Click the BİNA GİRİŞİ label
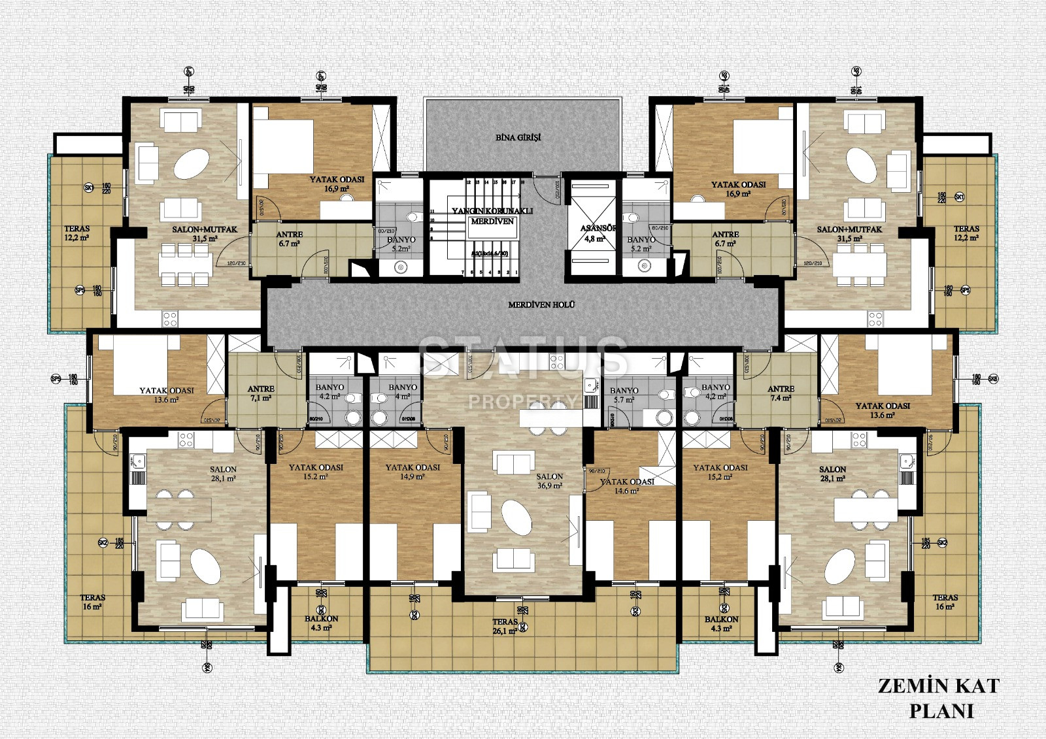(x=518, y=138)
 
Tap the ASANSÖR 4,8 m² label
(x=598, y=234)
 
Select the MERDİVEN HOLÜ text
(x=541, y=305)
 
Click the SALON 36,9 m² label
(x=549, y=481)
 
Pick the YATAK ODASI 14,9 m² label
(x=413, y=472)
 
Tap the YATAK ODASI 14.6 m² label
(x=626, y=486)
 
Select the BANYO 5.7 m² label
(x=624, y=395)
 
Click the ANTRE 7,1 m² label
(x=261, y=393)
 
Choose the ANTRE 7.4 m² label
(x=781, y=393)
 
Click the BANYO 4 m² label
(x=403, y=391)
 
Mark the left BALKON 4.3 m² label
(x=321, y=623)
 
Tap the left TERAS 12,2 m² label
(x=77, y=233)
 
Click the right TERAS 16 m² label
(x=945, y=602)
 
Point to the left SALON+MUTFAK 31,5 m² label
(x=205, y=234)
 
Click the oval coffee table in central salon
(x=516, y=517)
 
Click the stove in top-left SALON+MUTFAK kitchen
(x=169, y=319)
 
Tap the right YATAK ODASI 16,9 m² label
(x=738, y=189)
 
